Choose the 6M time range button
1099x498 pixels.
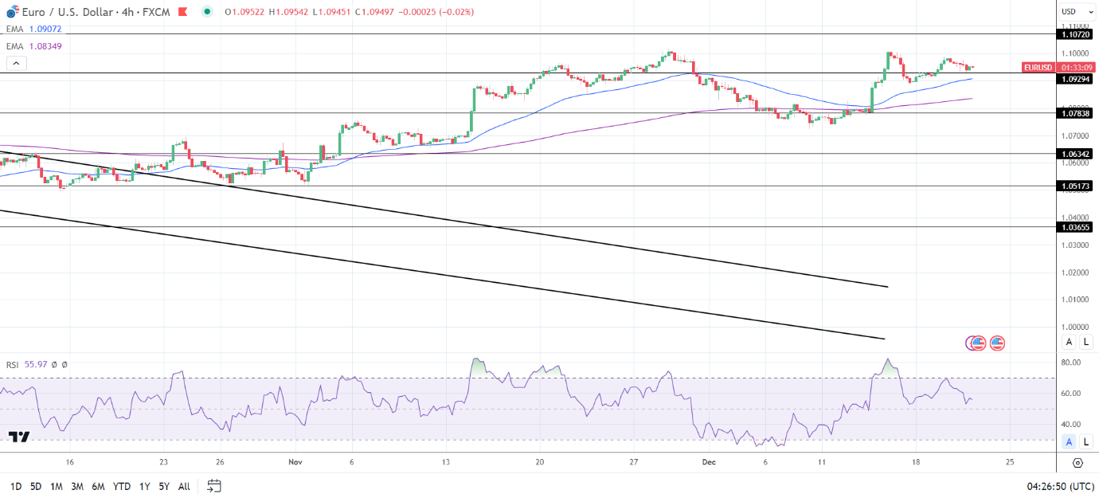coord(98,486)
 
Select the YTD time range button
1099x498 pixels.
coord(122,486)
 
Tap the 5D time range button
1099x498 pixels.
coord(36,486)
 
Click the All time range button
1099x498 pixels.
coord(184,486)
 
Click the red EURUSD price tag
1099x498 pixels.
coord(1038,68)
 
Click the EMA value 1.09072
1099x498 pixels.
coord(45,29)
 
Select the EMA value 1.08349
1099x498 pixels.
coord(45,46)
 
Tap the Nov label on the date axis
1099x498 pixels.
coord(295,462)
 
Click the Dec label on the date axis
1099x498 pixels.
coord(708,462)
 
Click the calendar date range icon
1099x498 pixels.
coord(213,485)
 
